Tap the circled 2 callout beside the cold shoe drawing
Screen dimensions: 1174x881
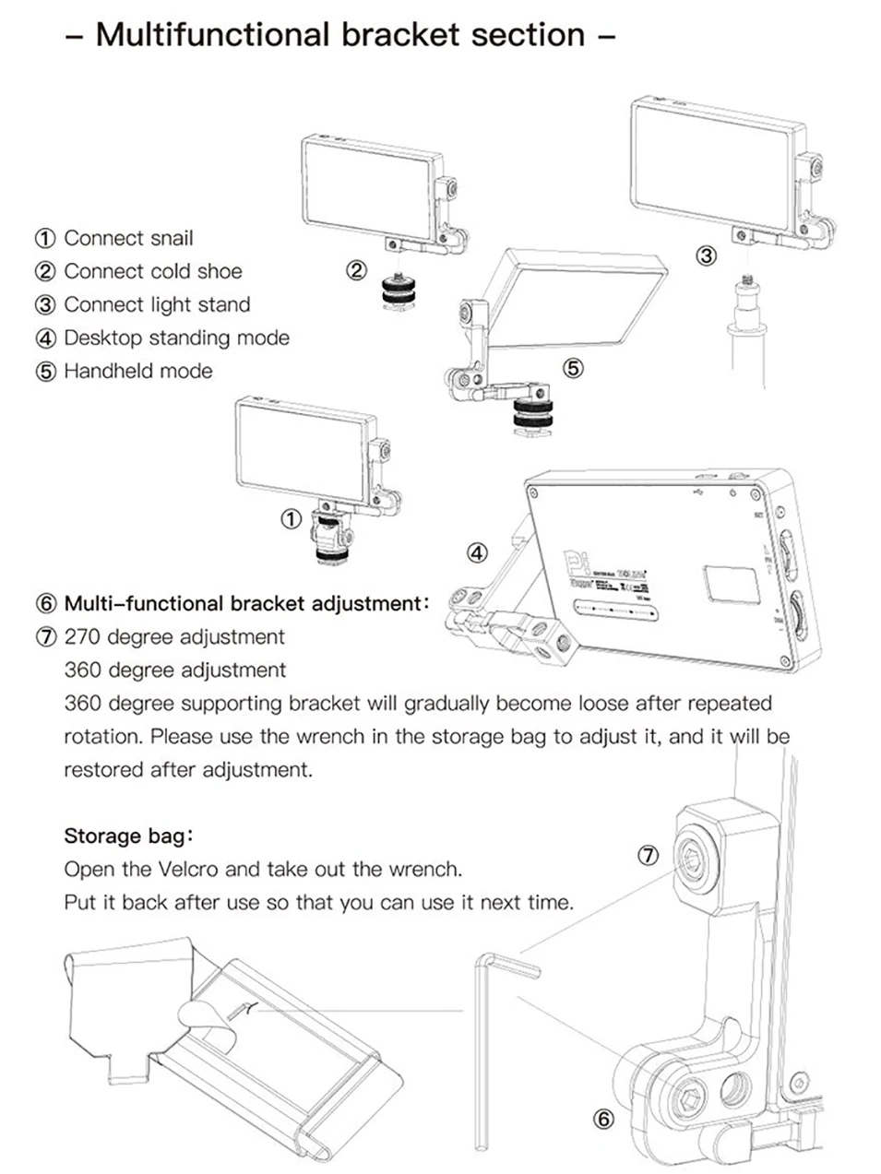coord(357,271)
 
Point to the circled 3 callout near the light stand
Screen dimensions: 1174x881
coord(706,255)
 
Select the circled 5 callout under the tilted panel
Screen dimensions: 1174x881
coord(573,368)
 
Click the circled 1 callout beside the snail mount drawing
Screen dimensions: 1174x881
coord(291,519)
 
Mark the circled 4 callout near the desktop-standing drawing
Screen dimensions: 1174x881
coord(477,553)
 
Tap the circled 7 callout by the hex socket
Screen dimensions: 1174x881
coord(649,856)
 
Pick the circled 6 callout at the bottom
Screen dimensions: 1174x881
coord(602,1120)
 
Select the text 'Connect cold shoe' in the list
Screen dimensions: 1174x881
coord(152,271)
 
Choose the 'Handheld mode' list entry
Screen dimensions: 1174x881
coord(137,371)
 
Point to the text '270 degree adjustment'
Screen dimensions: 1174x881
coord(174,636)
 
